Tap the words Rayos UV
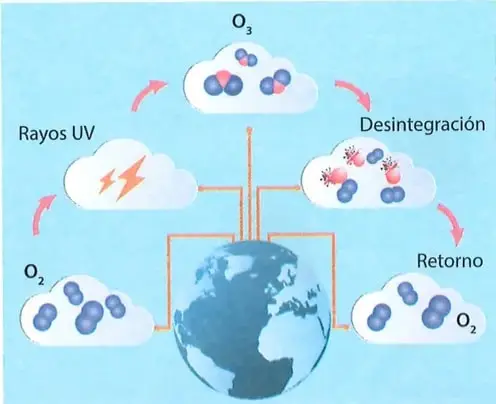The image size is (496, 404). (x=56, y=133)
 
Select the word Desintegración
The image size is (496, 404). (x=423, y=125)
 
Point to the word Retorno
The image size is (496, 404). (x=450, y=260)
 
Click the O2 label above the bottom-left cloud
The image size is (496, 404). (x=34, y=275)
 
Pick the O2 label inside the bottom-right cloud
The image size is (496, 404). (x=466, y=322)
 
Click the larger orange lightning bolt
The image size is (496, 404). (x=131, y=178)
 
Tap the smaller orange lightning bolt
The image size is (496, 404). (x=107, y=180)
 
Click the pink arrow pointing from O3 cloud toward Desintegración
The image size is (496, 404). (x=356, y=93)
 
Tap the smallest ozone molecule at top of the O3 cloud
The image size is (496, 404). (x=246, y=58)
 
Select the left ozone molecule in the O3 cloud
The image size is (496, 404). (x=223, y=83)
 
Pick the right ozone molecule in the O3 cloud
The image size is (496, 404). (x=276, y=82)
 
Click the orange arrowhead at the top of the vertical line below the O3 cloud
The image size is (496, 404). (x=249, y=130)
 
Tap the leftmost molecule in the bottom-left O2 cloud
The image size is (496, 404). (x=45, y=316)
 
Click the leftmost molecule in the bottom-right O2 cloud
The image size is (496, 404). (x=379, y=318)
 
